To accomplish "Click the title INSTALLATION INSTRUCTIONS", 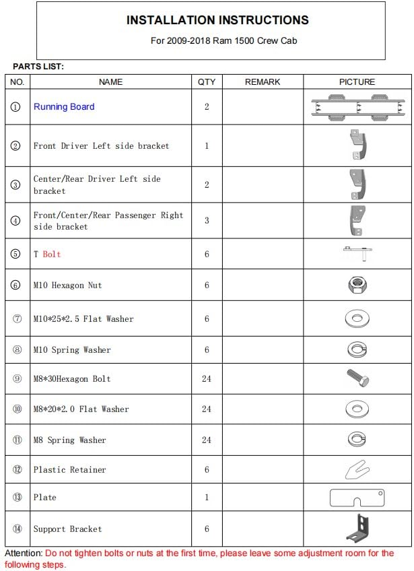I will point(217,20).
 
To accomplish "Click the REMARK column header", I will point(263,81).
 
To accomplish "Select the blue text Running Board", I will point(64,106).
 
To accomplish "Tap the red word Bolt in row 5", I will point(52,255).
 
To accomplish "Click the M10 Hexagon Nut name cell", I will point(68,285).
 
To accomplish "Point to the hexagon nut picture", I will point(357,285).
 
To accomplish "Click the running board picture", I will point(357,107).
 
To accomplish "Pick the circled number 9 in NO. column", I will point(17,378).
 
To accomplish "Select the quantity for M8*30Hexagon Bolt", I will point(207,378).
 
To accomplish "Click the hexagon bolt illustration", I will point(357,378).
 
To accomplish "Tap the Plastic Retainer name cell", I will point(70,469).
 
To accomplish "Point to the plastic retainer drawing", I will point(356,469).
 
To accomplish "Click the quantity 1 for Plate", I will point(207,498).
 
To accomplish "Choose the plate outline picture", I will point(357,498).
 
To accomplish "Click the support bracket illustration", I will point(357,527).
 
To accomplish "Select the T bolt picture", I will point(356,253).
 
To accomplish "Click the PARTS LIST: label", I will point(38,67).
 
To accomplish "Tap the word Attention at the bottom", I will point(24,553).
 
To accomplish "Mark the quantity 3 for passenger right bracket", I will point(207,221).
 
